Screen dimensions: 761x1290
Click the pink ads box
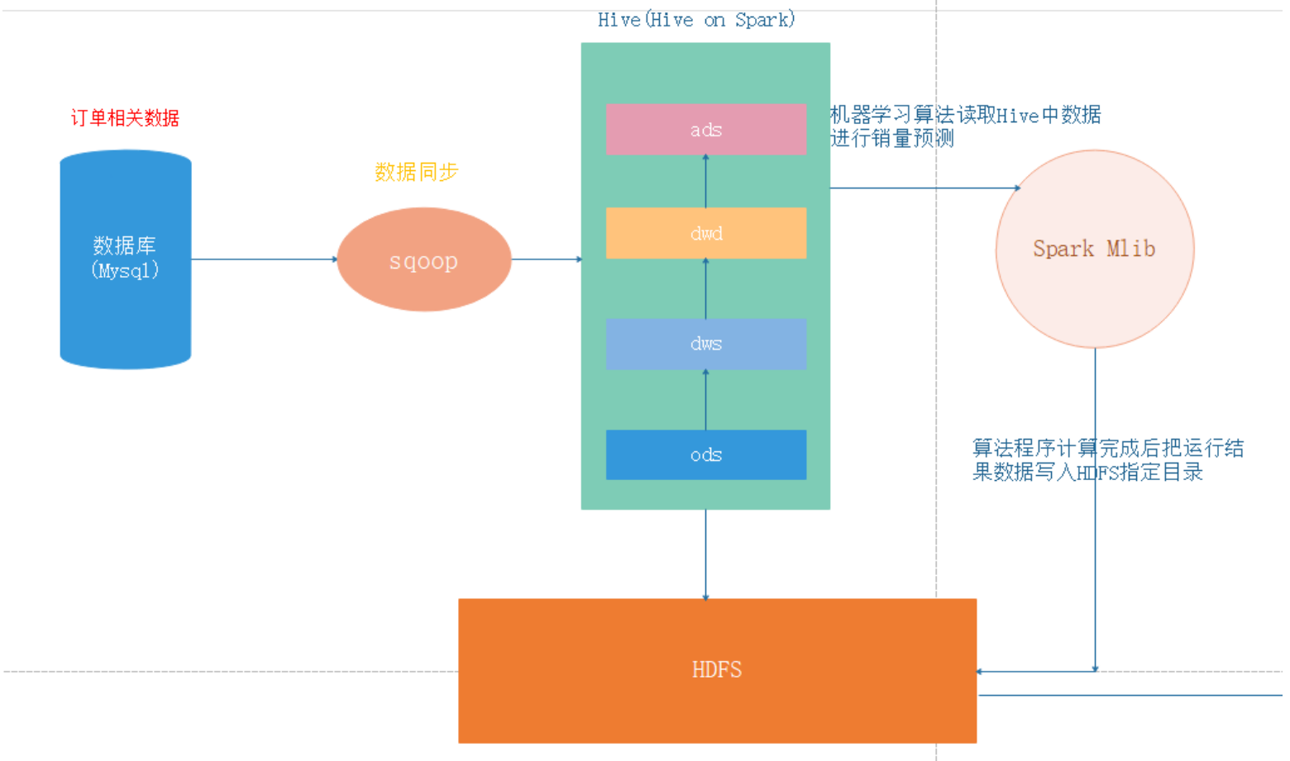tap(705, 129)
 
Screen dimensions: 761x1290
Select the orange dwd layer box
tap(705, 233)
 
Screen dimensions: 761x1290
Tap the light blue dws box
tap(705, 344)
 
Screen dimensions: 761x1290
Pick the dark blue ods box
tap(705, 454)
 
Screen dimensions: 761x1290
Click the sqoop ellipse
tap(423, 259)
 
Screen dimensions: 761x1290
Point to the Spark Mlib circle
tap(1094, 249)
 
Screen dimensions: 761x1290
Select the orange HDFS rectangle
tap(717, 670)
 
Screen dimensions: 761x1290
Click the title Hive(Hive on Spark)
tap(695, 20)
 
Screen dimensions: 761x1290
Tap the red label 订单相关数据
tap(125, 118)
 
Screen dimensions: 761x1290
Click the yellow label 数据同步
tap(416, 172)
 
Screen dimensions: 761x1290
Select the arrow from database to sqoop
tap(263, 259)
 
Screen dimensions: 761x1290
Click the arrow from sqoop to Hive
tap(546, 259)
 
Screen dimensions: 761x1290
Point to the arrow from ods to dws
tap(705, 400)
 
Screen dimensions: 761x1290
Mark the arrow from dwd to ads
tap(705, 182)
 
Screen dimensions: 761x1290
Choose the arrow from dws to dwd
tap(705, 289)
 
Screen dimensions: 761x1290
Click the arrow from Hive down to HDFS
tap(705, 554)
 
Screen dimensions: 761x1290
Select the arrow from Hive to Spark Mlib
tap(924, 188)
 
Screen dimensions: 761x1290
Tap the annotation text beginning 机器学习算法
tap(964, 126)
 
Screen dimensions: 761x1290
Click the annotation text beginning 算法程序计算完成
tap(1106, 460)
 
